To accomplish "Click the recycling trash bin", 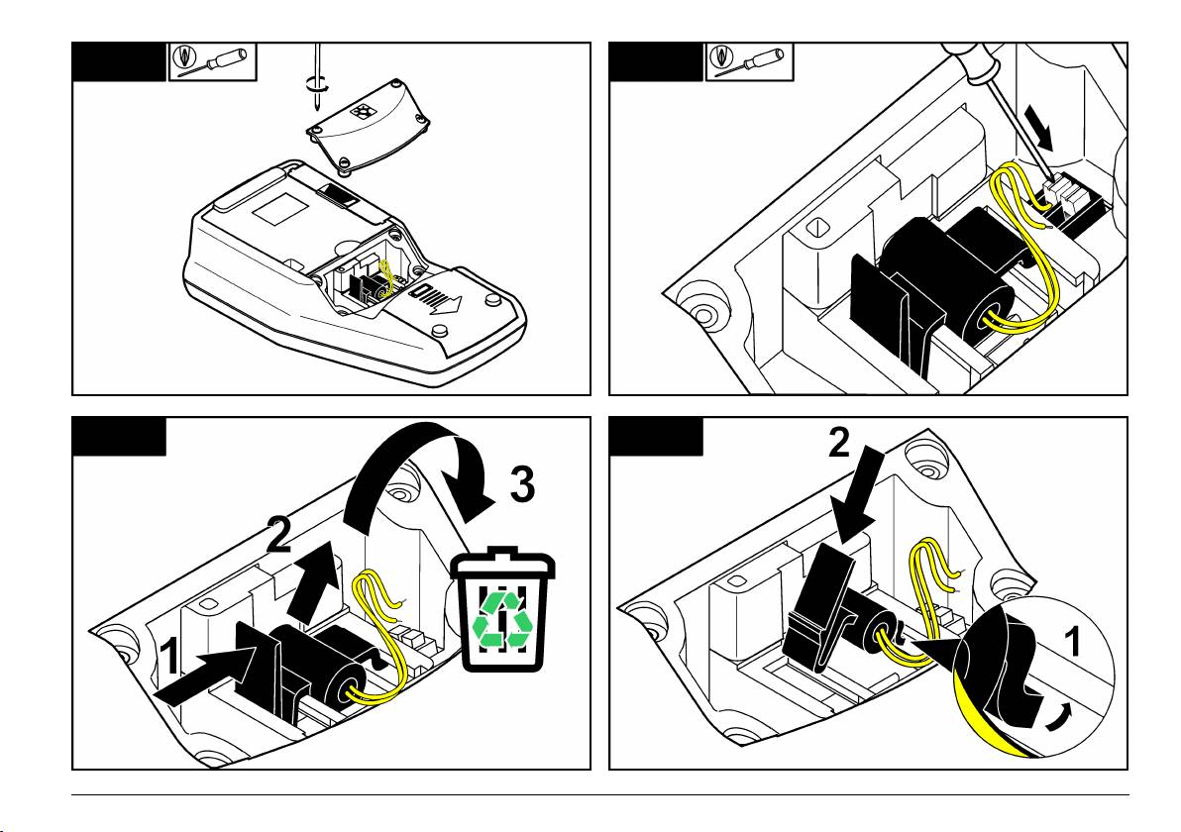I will coord(502,613).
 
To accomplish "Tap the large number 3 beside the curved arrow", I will coord(523,485).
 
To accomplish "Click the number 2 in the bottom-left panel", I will coord(280,534).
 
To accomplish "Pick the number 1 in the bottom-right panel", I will coord(1071,645).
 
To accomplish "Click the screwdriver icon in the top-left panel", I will coord(212,61).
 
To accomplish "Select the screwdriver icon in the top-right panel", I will coord(748,61).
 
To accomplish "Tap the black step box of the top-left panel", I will coord(117,61).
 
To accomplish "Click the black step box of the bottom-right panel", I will coord(654,436).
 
